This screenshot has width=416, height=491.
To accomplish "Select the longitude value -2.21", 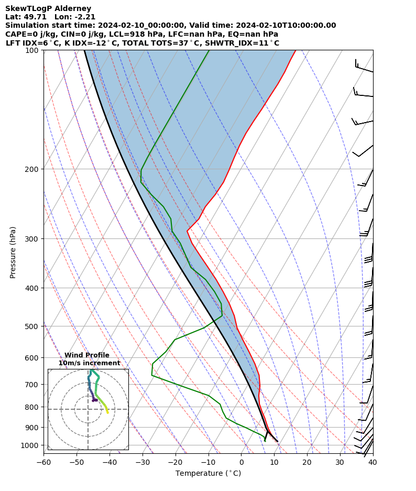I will [84, 17].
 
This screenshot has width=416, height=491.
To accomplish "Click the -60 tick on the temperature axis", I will [43, 462].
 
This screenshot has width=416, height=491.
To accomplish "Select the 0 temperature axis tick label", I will [242, 462].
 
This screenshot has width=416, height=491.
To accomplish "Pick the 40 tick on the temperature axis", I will [373, 462].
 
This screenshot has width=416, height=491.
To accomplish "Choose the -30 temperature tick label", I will [143, 462].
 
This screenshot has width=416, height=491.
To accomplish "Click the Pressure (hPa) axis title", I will [13, 252].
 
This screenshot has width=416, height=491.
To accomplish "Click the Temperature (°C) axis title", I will [208, 474].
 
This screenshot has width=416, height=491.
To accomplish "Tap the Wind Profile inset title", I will [87, 355].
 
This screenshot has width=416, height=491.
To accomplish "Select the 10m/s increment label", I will [89, 363].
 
